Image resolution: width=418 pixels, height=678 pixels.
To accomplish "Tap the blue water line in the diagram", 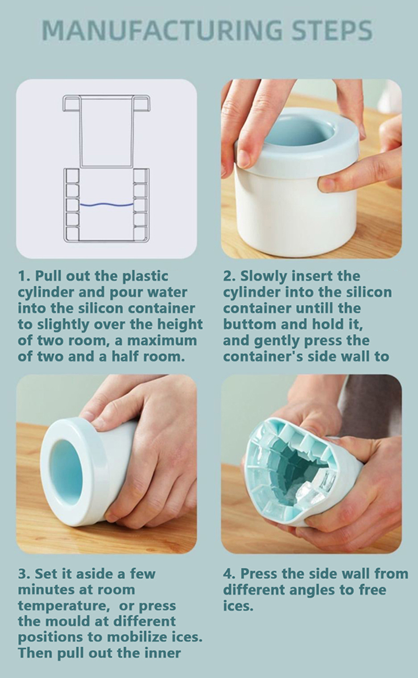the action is click(107, 205).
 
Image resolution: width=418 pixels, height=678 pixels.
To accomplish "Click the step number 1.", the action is click(22, 276).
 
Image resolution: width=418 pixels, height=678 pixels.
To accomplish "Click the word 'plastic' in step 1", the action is click(145, 277).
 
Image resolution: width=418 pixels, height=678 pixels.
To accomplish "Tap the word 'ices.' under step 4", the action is click(238, 606).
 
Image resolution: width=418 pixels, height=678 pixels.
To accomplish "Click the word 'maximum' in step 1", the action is click(161, 341).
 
